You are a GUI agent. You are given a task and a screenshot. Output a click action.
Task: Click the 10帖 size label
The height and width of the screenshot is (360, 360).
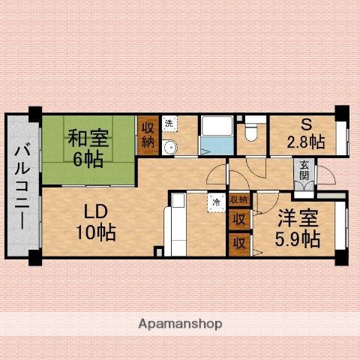pyautogui.click(x=94, y=233)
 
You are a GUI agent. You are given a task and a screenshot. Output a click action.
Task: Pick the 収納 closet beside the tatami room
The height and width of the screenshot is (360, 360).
pyautogui.click(x=147, y=135)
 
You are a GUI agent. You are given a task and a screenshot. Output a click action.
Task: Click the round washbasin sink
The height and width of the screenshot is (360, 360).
pyautogui.click(x=170, y=147)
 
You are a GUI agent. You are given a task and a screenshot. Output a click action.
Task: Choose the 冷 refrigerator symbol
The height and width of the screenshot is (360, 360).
pyautogui.click(x=217, y=201)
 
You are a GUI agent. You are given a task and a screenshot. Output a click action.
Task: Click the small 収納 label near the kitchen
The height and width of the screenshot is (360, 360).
pyautogui.click(x=239, y=199)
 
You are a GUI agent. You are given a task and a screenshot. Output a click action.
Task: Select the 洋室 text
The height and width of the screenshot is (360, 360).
pyautogui.click(x=298, y=220)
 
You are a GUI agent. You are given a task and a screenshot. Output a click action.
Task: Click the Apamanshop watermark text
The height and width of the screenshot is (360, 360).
pyautogui.click(x=180, y=324)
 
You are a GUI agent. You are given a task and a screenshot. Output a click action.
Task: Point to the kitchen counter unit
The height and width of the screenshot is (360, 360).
pyautogui.click(x=178, y=225)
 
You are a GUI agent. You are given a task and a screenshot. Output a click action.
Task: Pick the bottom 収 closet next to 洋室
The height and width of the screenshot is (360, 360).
pyautogui.click(x=239, y=243)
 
